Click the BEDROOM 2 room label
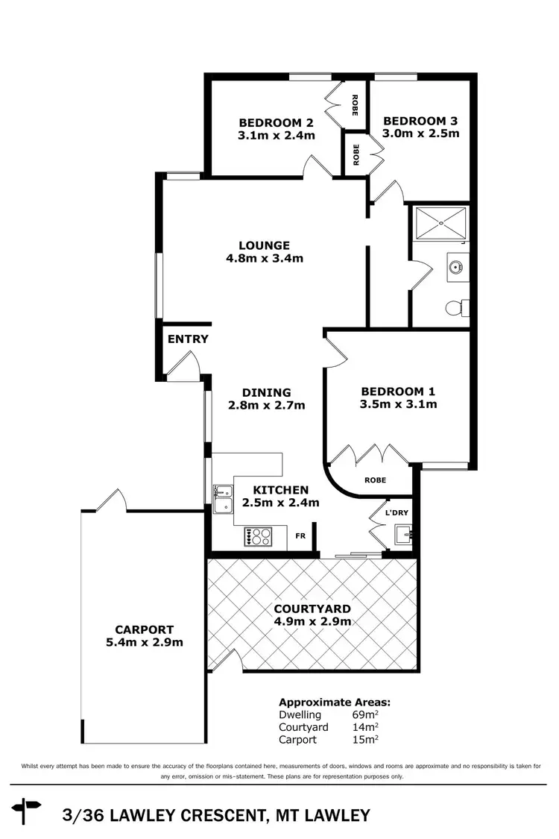tap(276, 123)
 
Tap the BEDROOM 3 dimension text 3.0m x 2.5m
tap(420, 134)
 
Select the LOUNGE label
tap(264, 245)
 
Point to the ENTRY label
tap(188, 339)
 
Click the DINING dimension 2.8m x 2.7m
tap(266, 406)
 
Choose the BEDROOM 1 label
tap(398, 392)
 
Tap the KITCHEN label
tap(280, 490)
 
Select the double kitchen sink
tap(221, 498)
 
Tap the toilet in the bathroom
tap(455, 307)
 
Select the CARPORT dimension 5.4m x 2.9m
tap(145, 642)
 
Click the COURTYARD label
tap(312, 609)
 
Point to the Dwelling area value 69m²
tap(364, 714)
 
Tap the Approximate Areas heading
tap(335, 702)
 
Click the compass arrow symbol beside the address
tap(28, 806)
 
